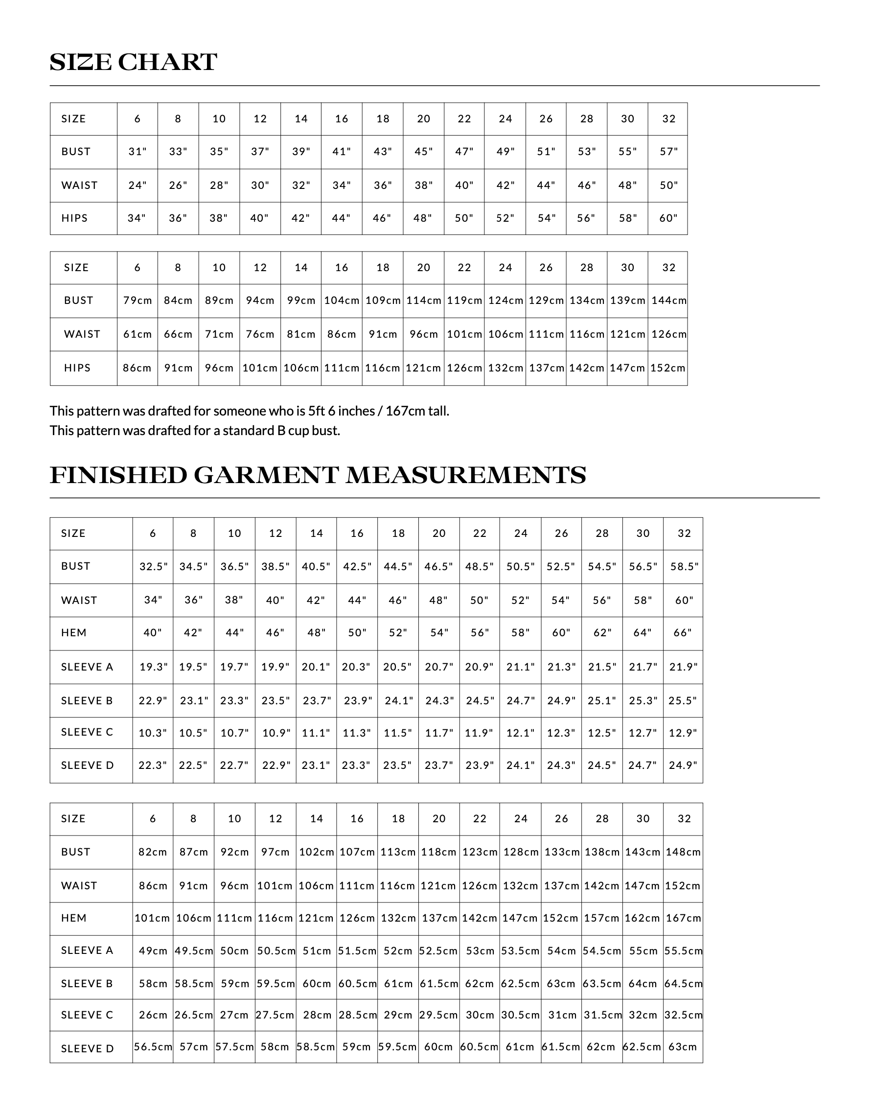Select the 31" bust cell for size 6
click(x=138, y=152)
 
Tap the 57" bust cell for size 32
click(x=669, y=152)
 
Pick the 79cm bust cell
click(x=138, y=301)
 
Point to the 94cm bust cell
click(x=260, y=301)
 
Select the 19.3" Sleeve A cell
click(x=153, y=667)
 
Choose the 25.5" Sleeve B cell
click(x=683, y=700)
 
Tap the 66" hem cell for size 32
click(x=683, y=633)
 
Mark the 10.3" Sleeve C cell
click(x=153, y=733)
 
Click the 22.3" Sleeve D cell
click(x=153, y=765)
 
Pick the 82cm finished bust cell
click(x=153, y=852)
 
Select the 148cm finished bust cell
click(x=683, y=852)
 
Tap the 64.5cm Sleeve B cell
click(x=683, y=983)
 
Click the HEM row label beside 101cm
click(x=74, y=918)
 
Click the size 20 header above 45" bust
click(x=424, y=119)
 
